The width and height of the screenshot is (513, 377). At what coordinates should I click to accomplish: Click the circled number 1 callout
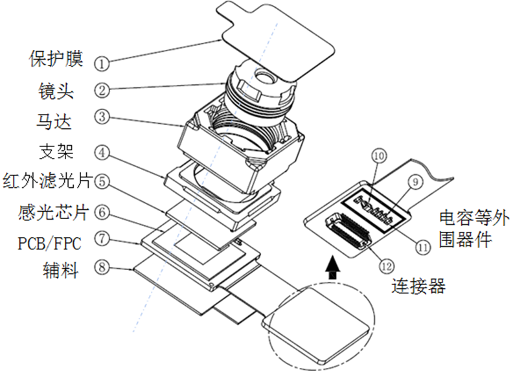(102, 62)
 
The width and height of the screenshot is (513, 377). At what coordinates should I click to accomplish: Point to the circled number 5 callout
(102, 181)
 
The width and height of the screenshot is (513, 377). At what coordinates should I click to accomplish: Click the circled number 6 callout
(102, 211)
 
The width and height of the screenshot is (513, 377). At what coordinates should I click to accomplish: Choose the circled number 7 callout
(102, 240)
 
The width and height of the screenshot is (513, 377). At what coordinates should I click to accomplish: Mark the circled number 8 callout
(102, 266)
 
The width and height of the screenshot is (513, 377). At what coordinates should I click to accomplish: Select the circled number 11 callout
(423, 246)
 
